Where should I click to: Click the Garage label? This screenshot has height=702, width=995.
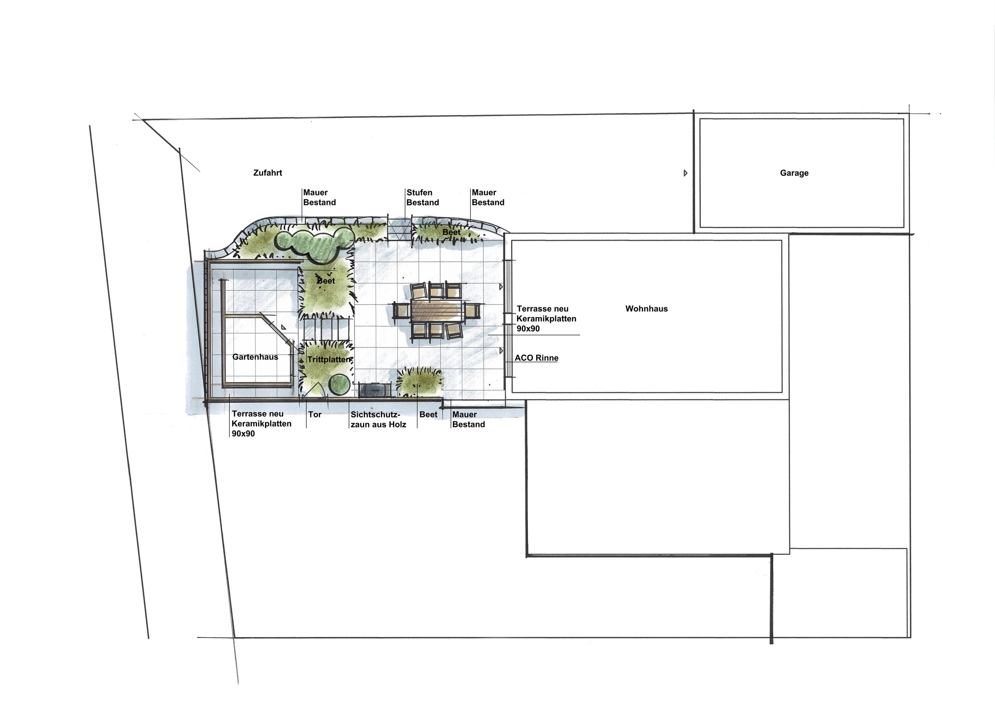coord(794,173)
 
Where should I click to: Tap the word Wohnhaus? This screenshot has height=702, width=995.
coord(646,309)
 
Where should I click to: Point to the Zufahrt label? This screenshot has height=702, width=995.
coord(267,173)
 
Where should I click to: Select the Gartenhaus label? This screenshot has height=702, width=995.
coord(255,357)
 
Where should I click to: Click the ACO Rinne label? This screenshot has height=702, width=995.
coord(536,358)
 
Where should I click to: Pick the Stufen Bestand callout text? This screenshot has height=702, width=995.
coord(422,197)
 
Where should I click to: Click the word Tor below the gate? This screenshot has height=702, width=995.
coord(315,415)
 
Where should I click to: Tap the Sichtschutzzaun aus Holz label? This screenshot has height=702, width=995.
coord(378,419)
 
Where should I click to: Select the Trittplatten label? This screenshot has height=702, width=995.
coord(329,360)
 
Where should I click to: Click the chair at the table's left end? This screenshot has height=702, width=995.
coord(401,310)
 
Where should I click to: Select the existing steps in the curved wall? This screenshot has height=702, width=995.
coord(399,229)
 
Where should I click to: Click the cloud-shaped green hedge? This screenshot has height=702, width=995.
coord(313,244)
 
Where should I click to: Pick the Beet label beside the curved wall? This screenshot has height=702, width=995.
coord(451,233)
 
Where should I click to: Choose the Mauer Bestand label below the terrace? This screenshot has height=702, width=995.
coord(468,419)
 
